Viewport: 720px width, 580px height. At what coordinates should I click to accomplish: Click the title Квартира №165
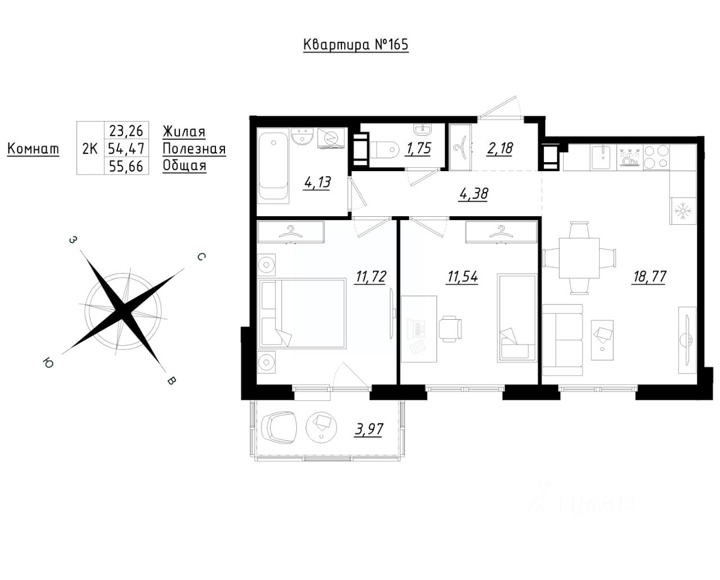(x=355, y=44)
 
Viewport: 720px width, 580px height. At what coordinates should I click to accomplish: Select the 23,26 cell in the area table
(x=126, y=130)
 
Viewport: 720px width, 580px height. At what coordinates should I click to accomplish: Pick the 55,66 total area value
(x=126, y=166)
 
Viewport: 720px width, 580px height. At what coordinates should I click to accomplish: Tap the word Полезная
(x=194, y=149)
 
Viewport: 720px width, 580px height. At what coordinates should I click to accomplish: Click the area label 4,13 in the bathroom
(x=317, y=182)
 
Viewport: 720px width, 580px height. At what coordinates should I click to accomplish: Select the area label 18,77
(x=649, y=276)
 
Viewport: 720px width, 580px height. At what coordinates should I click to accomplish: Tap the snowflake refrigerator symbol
(x=683, y=211)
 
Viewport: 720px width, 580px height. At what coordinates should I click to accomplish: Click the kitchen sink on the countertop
(x=603, y=157)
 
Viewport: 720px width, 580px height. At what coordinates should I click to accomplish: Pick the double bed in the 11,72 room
(x=302, y=313)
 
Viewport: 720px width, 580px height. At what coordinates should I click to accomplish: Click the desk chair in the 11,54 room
(x=451, y=328)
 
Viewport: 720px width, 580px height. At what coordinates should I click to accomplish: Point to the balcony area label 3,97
(x=368, y=429)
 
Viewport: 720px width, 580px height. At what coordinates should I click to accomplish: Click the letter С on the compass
(x=201, y=257)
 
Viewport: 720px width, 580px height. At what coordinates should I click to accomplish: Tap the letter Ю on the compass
(x=48, y=363)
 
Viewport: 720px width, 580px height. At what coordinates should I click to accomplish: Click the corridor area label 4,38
(x=474, y=194)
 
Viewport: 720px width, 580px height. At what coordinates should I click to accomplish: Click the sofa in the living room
(x=562, y=340)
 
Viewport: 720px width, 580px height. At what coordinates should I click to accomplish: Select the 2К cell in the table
(x=90, y=148)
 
